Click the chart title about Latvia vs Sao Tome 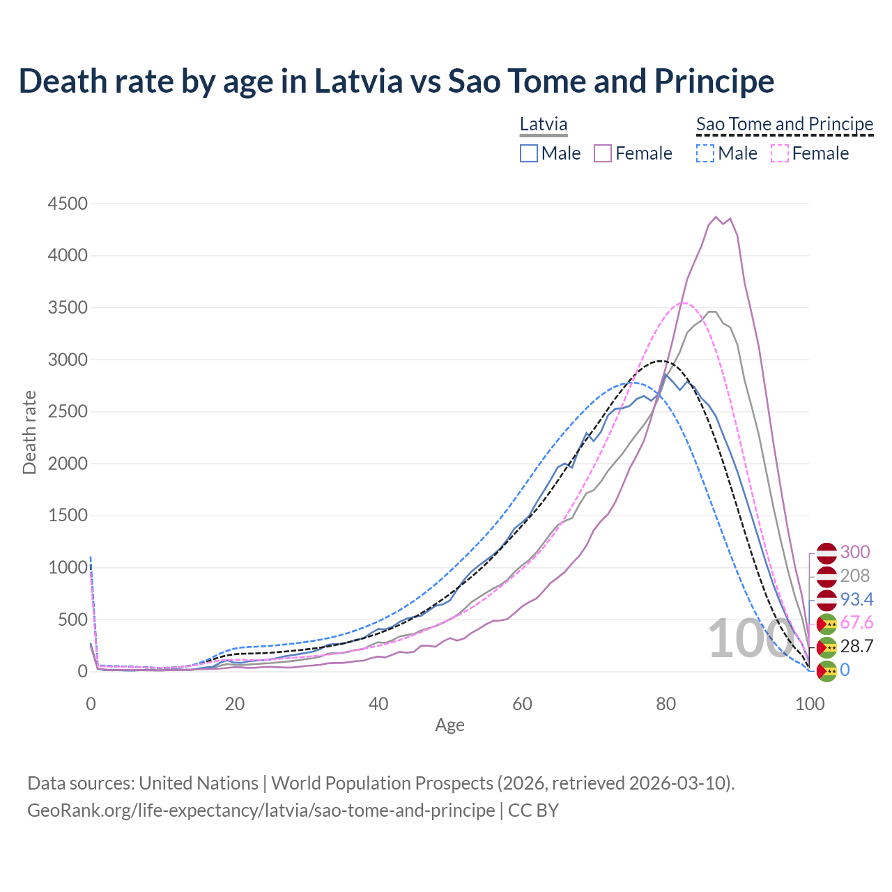click(396, 81)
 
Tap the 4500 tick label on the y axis click(68, 203)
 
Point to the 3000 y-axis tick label click(68, 360)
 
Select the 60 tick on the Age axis click(522, 704)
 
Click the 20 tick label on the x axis click(234, 704)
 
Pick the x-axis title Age click(449, 725)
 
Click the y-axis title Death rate click(29, 433)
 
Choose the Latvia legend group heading click(544, 124)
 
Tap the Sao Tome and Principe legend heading click(785, 124)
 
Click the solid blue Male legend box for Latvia click(529, 153)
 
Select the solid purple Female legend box click(603, 153)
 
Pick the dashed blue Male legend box click(705, 153)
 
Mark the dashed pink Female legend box click(780, 153)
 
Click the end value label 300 click(855, 552)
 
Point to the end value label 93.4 click(856, 599)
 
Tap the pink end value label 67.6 click(856, 622)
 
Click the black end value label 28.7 click(856, 646)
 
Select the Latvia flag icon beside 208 click(826, 576)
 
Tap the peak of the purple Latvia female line click(716, 217)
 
